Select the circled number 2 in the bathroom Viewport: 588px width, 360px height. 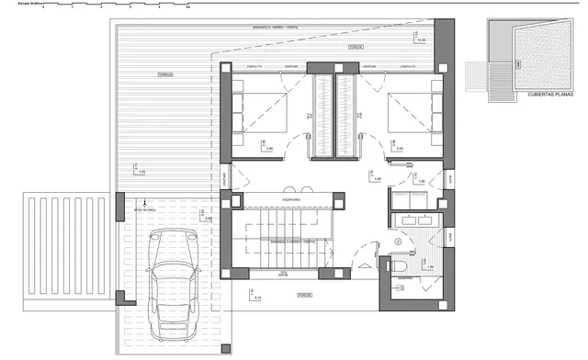coord(398,242)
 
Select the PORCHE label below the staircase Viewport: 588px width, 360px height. coord(303,295)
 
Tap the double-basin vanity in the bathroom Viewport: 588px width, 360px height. coord(418,220)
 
